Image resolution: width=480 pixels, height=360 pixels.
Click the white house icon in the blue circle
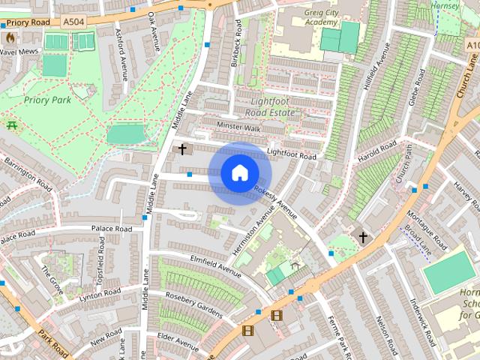coord(238,173)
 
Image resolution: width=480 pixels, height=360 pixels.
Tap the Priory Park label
coord(47,99)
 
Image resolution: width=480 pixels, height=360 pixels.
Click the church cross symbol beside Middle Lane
coord(181,149)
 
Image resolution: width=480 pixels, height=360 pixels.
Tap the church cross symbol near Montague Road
coord(363,238)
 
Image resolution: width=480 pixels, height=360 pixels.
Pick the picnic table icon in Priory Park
coord(11,124)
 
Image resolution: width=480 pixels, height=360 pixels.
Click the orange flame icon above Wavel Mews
coord(10,36)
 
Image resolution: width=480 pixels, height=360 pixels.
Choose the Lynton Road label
coord(99,295)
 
